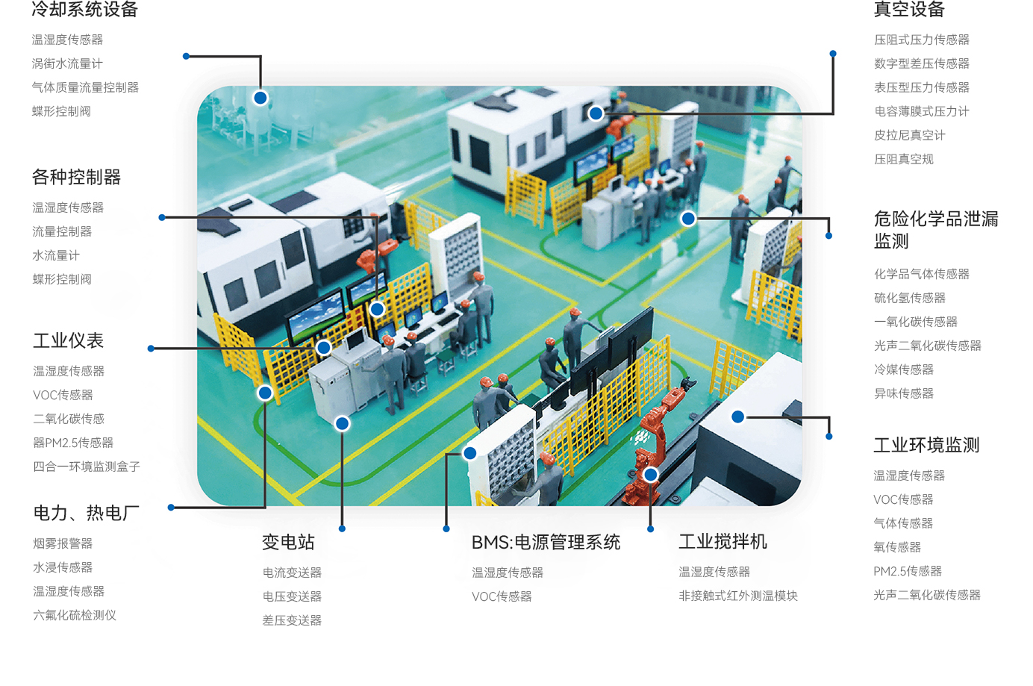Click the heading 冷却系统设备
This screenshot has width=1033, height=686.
tap(85, 9)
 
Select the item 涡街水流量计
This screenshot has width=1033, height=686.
tap(67, 63)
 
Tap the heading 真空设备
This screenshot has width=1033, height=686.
tap(909, 9)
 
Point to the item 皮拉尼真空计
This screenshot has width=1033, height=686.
tap(909, 135)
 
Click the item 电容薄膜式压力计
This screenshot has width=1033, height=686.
tap(921, 111)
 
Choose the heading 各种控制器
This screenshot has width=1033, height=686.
tap(77, 177)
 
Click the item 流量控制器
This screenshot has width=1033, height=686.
tap(62, 231)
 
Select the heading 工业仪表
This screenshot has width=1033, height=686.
tap(68, 341)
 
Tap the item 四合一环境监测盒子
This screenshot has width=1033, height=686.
tap(87, 467)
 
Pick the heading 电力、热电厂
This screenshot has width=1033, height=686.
tap(87, 513)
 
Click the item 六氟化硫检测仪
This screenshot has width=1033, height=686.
tap(74, 615)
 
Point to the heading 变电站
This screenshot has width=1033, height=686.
tap(288, 542)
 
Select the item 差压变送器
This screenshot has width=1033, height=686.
tap(292, 620)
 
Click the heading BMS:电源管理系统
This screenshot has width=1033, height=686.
tap(546, 542)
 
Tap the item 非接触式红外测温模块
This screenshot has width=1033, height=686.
tap(738, 596)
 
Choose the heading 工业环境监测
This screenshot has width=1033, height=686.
tap(926, 445)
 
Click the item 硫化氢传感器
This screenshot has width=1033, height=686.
tap(909, 298)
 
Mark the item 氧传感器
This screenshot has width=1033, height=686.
tap(897, 547)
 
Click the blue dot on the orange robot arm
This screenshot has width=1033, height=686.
tap(651, 474)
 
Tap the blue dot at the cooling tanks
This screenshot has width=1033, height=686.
tap(260, 98)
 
